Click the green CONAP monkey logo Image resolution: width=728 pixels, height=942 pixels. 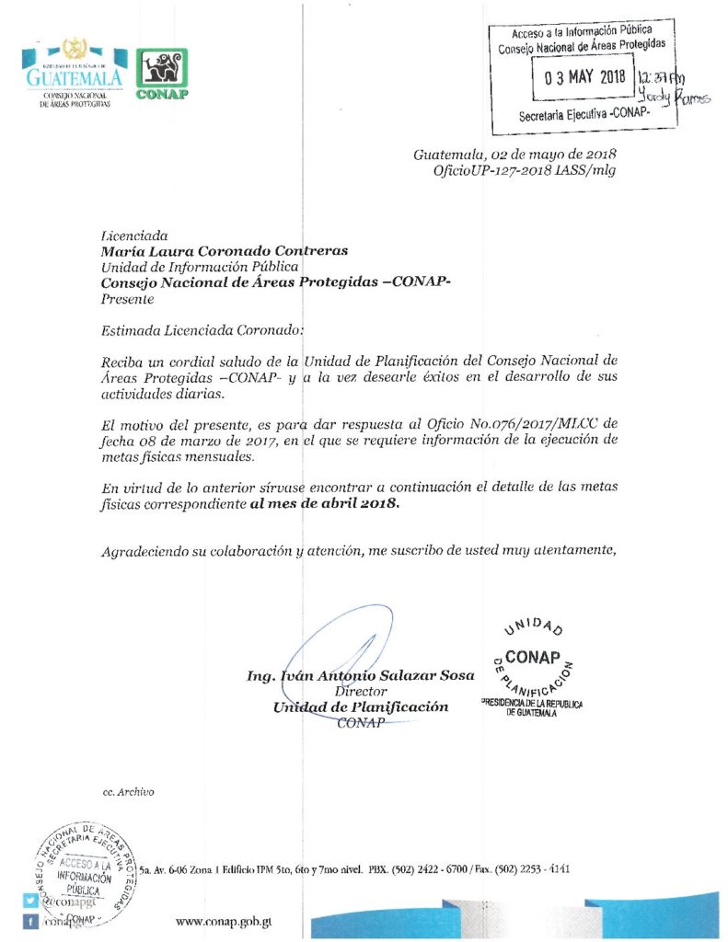[x=162, y=73]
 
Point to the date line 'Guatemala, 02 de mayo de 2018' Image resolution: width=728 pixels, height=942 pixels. [x=514, y=154]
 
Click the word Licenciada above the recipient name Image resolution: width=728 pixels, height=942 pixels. [x=134, y=235]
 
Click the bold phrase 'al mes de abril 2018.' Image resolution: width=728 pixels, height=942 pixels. [x=325, y=505]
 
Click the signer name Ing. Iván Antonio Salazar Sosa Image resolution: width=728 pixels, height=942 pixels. [x=361, y=675]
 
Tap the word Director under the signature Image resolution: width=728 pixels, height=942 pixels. [x=361, y=691]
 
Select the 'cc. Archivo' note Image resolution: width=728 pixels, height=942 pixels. [x=129, y=791]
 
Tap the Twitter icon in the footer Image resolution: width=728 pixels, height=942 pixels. [x=30, y=901]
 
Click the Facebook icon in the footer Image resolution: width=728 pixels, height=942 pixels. [x=30, y=922]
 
